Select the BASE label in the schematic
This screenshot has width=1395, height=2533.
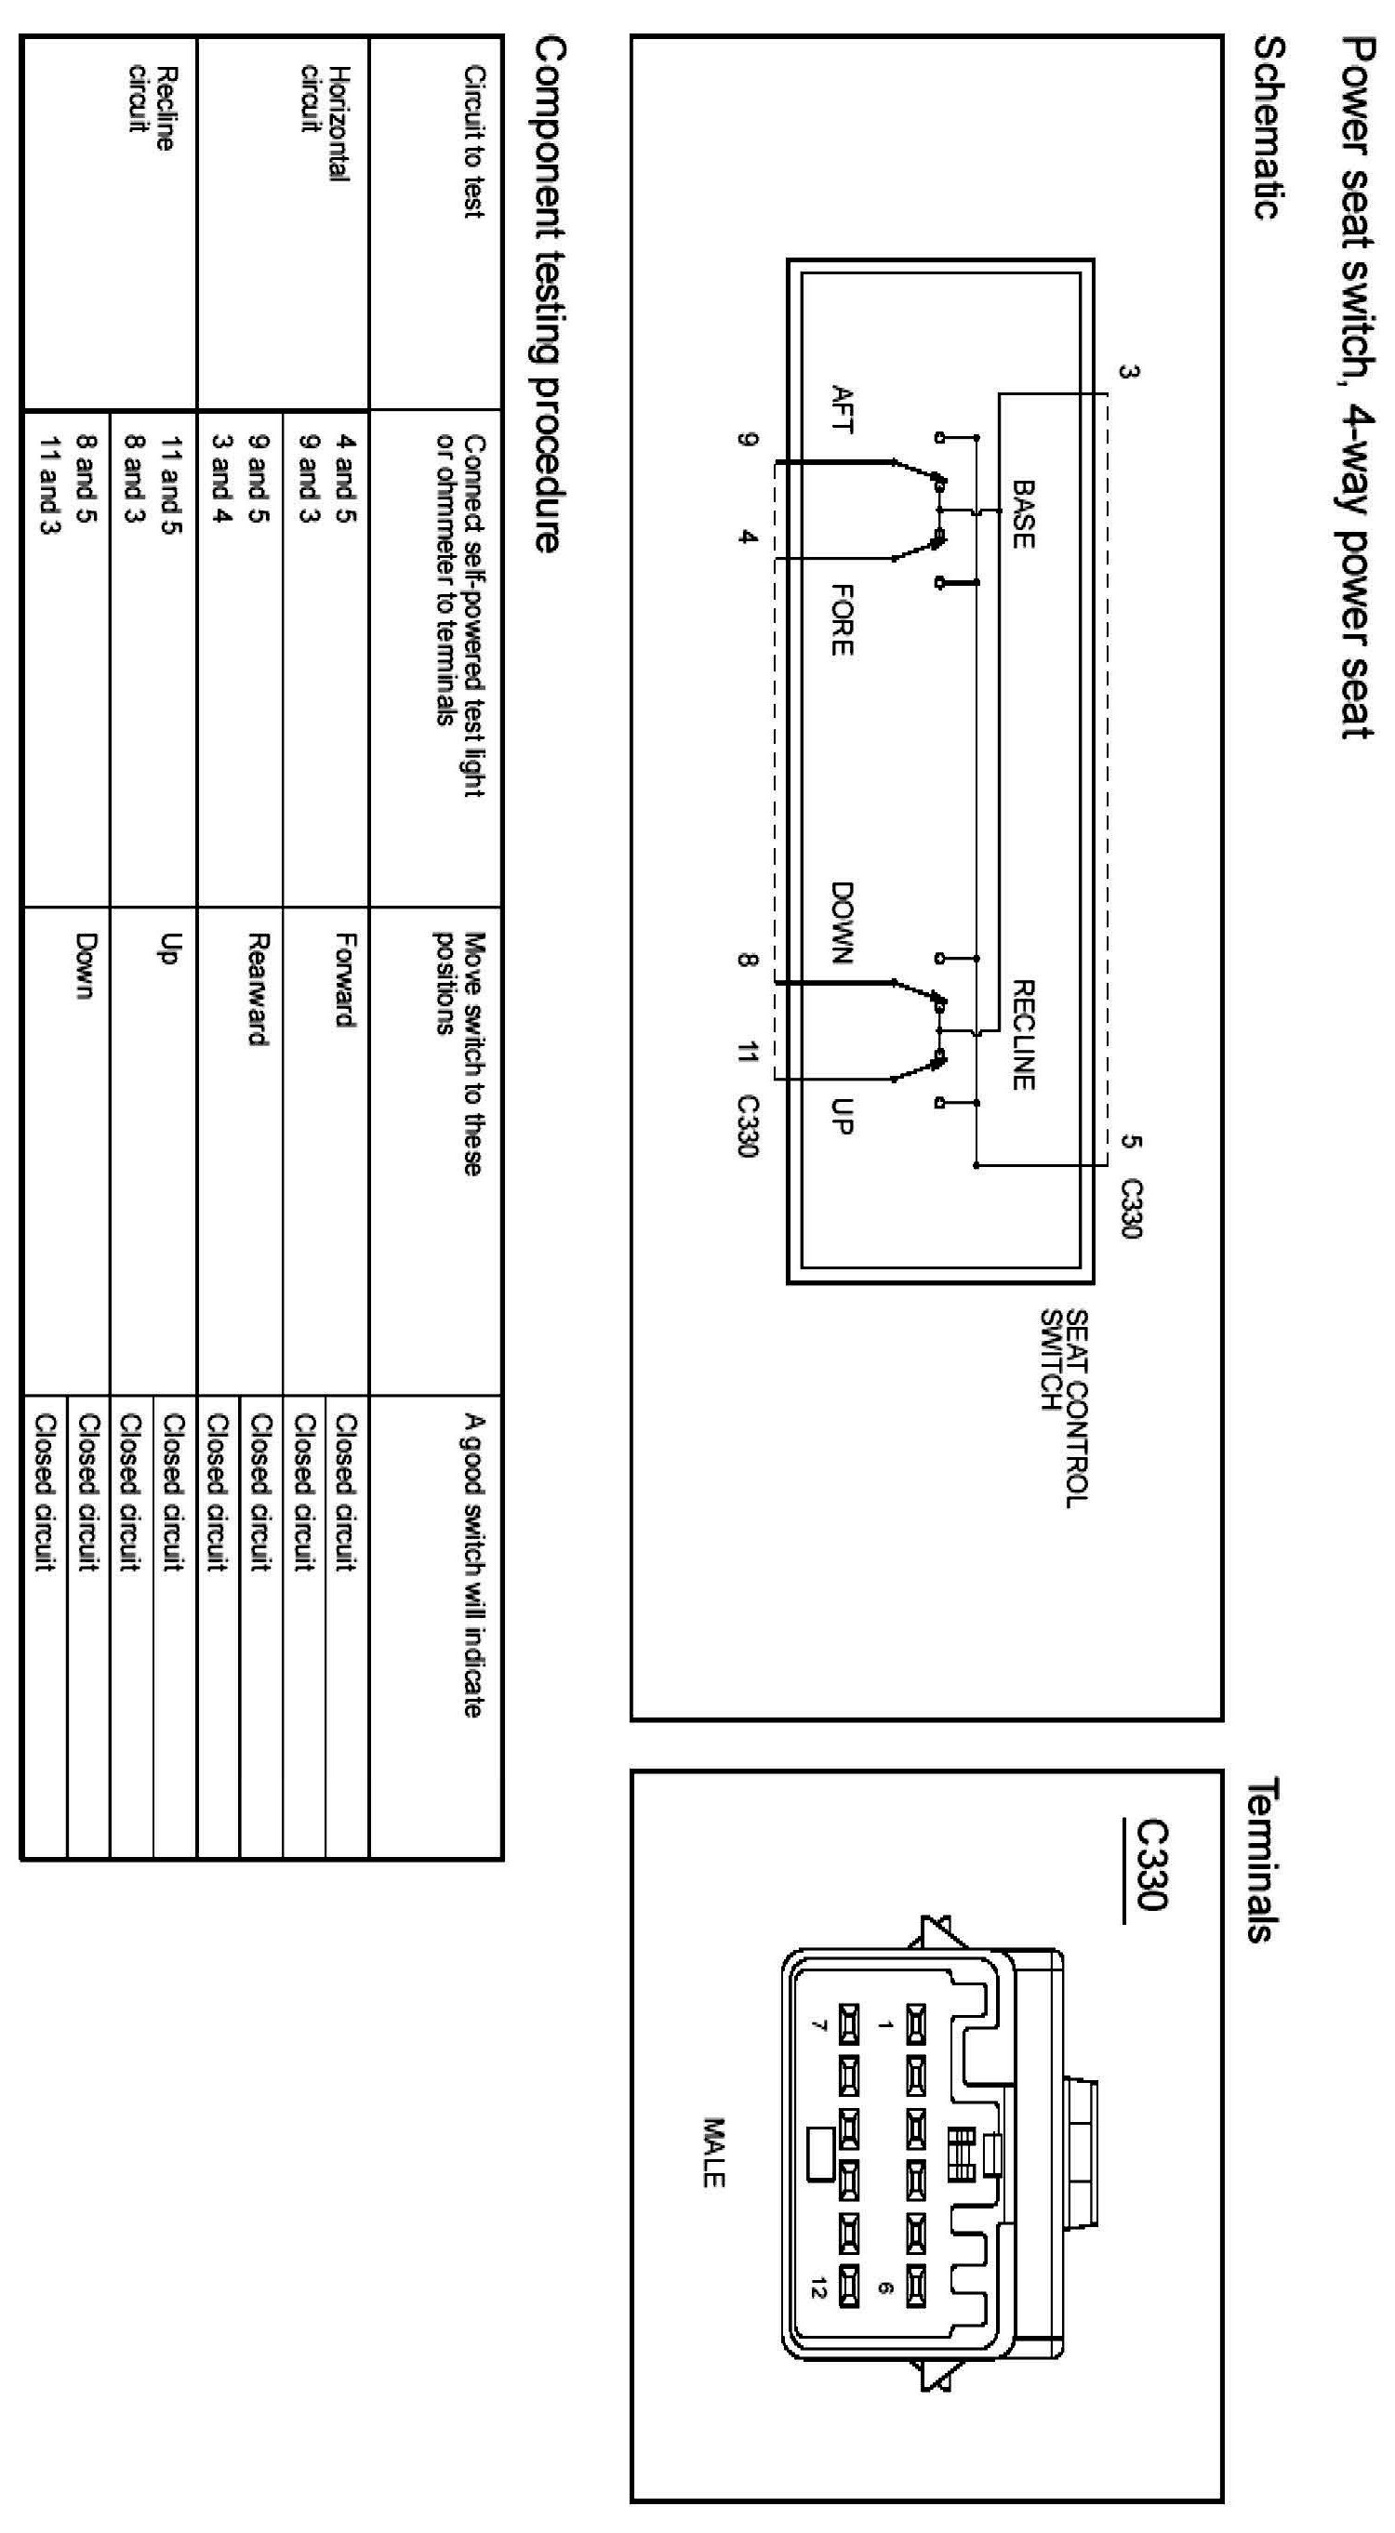coord(1022,513)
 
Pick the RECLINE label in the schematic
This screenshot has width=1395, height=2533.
coord(1022,1034)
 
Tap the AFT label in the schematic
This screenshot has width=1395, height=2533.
coord(842,408)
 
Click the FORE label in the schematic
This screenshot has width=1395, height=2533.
coord(842,619)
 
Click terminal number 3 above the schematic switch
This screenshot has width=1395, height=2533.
coord(1130,372)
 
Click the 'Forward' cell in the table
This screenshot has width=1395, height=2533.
coord(345,979)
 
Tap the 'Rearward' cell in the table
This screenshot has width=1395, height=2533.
coord(258,989)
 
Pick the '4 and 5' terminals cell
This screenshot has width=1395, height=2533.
coord(345,478)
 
